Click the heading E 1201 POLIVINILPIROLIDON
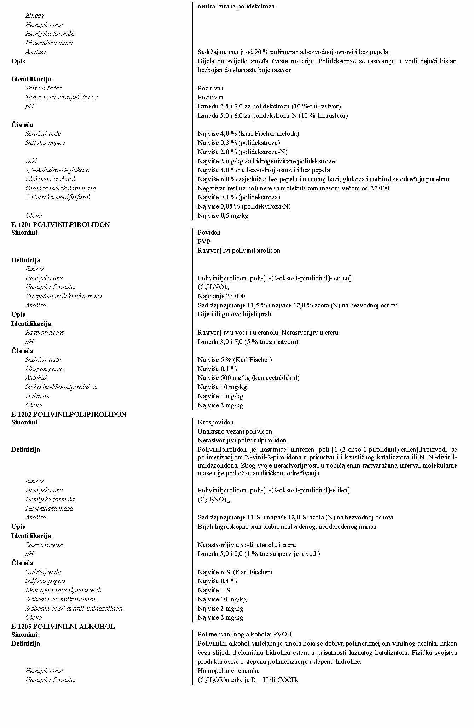coord(60,225)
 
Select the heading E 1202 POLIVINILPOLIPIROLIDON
coord(69,414)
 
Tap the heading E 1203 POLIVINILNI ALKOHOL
coord(63,627)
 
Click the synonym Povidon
coord(209,233)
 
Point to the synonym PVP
coord(204,242)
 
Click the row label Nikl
coord(31,161)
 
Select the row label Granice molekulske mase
coord(60,188)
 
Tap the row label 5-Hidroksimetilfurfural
coord(58,197)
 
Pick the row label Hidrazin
coord(37,396)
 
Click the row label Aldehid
coord(36,378)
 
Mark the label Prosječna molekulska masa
coord(63,296)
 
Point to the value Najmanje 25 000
coord(221,296)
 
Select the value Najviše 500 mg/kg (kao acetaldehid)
coord(248,378)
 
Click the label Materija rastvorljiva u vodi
coord(63,590)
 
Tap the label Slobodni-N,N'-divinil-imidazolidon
coord(74,609)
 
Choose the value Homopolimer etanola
coord(228,671)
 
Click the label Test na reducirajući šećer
coord(61,97)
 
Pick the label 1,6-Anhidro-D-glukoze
coord(57,170)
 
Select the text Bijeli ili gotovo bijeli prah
coord(234,314)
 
